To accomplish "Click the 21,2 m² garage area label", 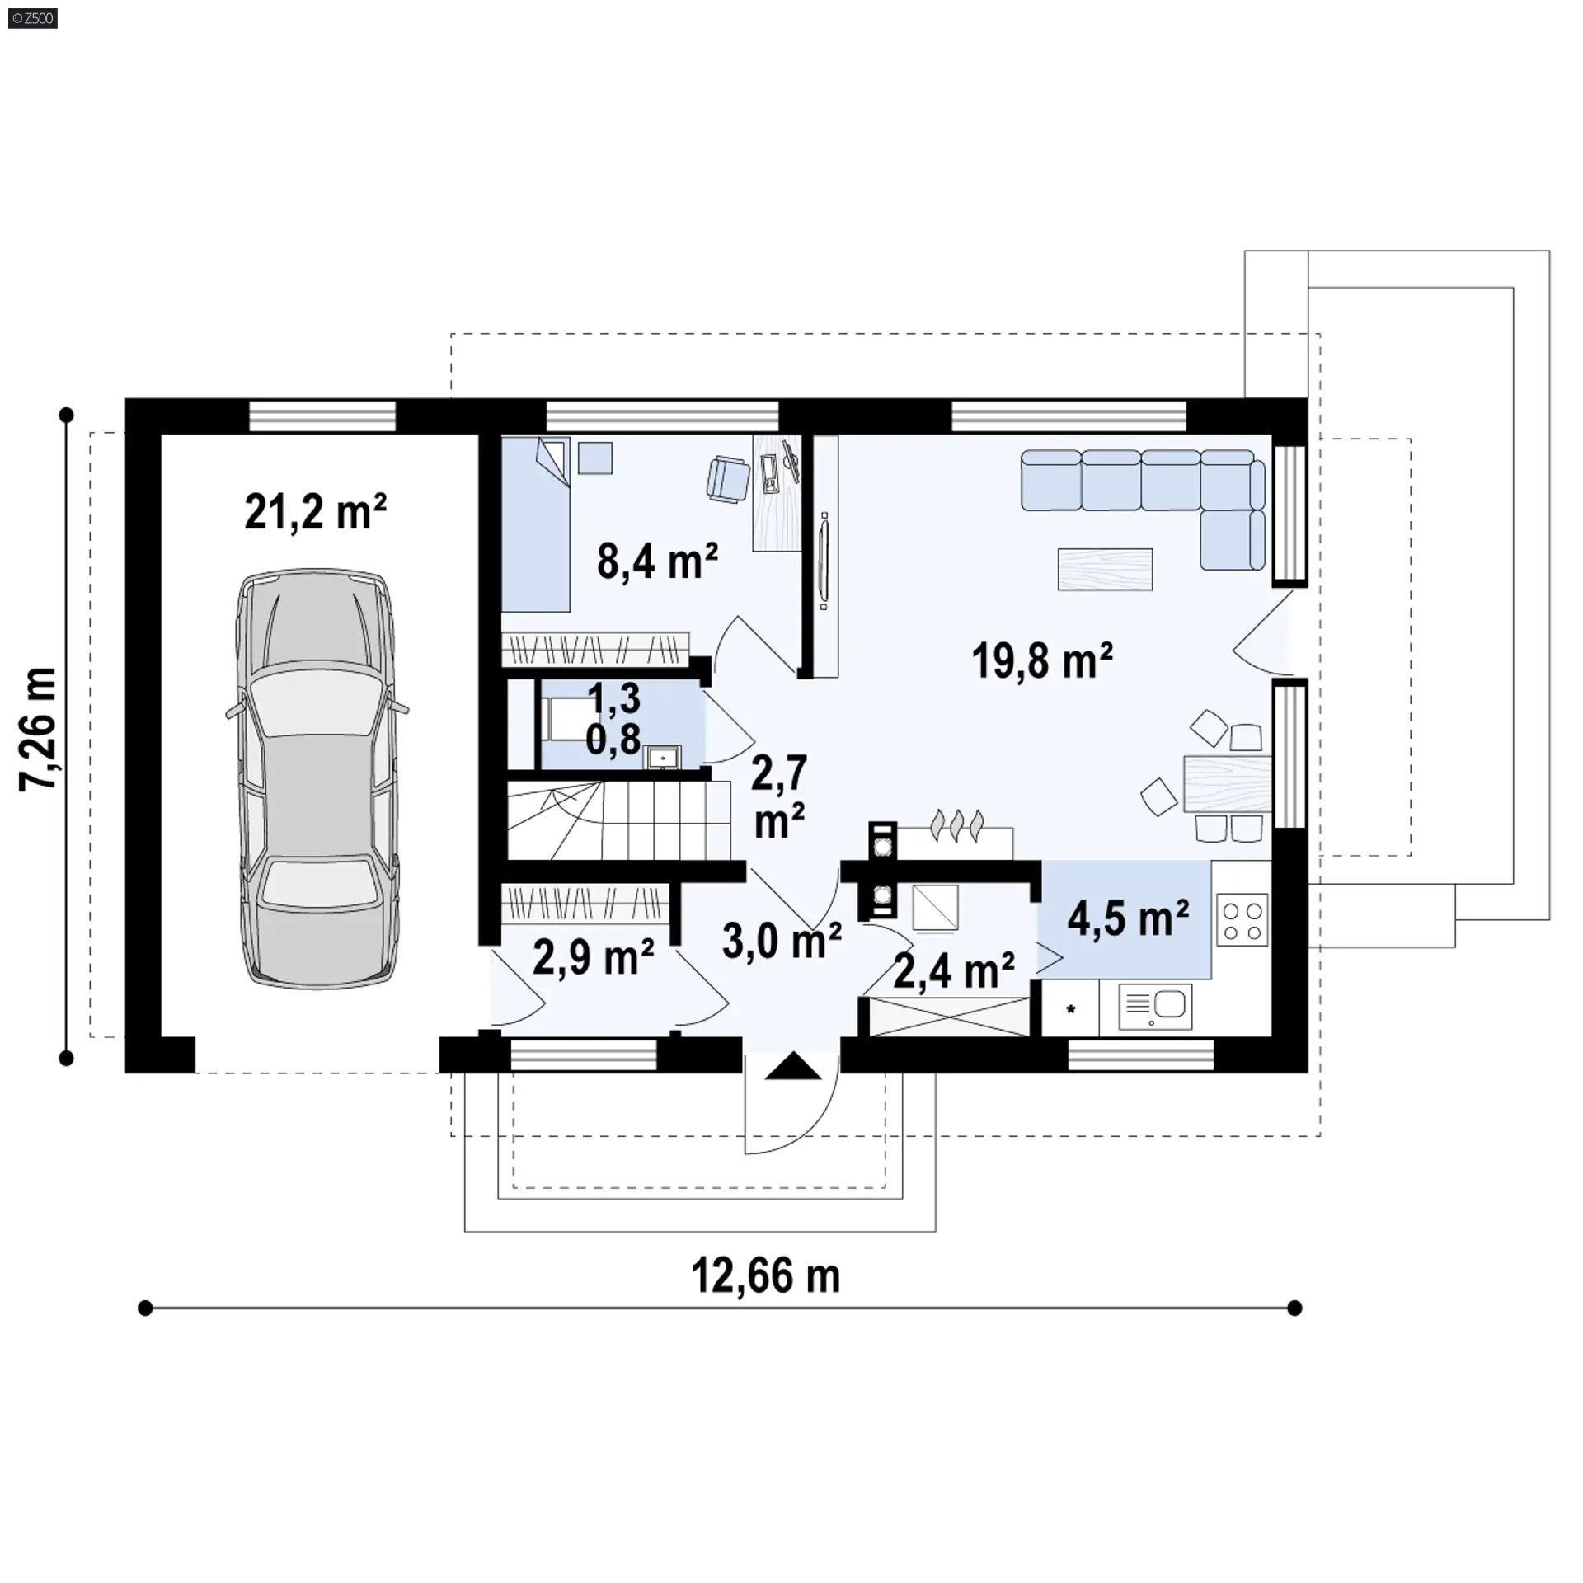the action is (x=316, y=512).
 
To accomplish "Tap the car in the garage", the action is (x=317, y=777).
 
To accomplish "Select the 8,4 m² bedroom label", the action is (x=657, y=561).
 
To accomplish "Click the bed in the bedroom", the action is (x=536, y=524).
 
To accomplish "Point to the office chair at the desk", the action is (x=729, y=478).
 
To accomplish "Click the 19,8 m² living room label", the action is (x=1042, y=661).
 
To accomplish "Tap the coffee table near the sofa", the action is (x=1105, y=569).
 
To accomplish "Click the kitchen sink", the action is (x=1154, y=1008).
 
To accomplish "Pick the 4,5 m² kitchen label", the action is (x=1128, y=918).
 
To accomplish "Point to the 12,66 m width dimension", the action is (x=765, y=1275).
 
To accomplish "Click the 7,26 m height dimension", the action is (x=38, y=730).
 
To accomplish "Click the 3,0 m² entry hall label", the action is (x=782, y=941).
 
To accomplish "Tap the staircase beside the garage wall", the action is (x=618, y=820).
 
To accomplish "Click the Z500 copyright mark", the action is (x=33, y=17).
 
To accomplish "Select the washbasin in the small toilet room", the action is (x=663, y=756).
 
